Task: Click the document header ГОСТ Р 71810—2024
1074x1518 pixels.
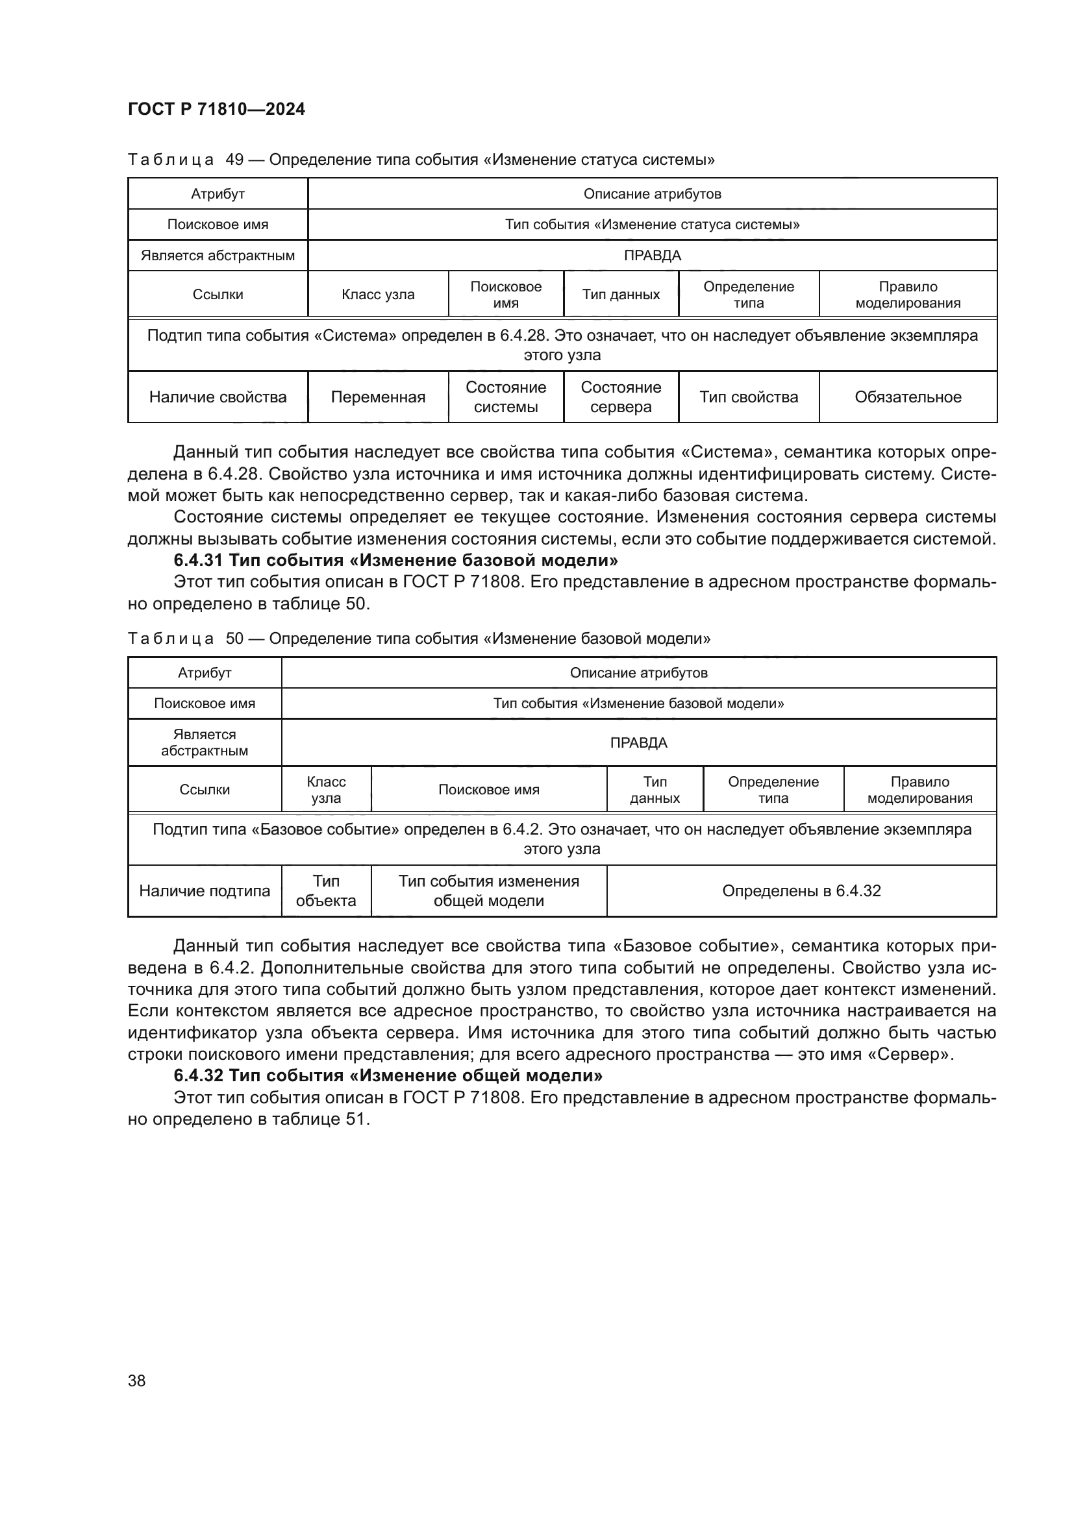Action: tap(216, 109)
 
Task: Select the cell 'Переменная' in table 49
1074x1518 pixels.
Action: tap(378, 397)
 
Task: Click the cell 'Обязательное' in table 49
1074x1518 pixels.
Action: tap(907, 397)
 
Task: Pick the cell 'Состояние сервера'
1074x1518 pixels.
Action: tap(620, 397)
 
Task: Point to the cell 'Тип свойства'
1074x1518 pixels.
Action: tap(749, 397)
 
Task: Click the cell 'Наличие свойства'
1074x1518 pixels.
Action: tap(218, 397)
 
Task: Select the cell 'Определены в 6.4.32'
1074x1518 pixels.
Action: tap(801, 890)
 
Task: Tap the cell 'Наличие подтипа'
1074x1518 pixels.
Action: tap(205, 890)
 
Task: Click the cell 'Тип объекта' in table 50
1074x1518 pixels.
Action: tap(326, 890)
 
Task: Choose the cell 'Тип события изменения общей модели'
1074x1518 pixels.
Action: tap(488, 890)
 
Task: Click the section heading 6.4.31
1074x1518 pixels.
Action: tap(395, 560)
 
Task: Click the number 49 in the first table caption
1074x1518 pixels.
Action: tap(234, 160)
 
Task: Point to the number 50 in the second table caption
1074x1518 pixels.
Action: tap(234, 638)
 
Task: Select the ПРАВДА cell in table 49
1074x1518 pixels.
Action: tap(652, 255)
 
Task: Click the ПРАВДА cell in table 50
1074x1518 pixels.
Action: tap(638, 742)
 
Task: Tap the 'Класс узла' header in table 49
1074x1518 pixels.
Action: tap(378, 294)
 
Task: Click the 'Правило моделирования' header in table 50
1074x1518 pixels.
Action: tap(919, 789)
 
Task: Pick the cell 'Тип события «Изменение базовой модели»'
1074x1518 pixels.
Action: tap(638, 703)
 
